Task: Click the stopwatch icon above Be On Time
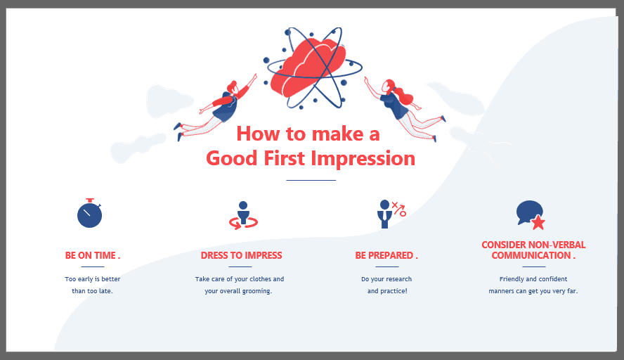[89, 214]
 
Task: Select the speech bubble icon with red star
[530, 215]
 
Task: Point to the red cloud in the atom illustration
[307, 67]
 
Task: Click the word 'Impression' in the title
[363, 158]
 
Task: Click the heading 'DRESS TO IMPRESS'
[241, 255]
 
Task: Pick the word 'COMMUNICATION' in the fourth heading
[531, 255]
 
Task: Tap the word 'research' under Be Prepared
[399, 279]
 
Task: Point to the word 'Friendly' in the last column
[512, 279]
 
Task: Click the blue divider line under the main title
[311, 181]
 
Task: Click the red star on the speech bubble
[538, 223]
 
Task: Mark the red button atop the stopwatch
[91, 200]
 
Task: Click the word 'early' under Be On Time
[85, 279]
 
